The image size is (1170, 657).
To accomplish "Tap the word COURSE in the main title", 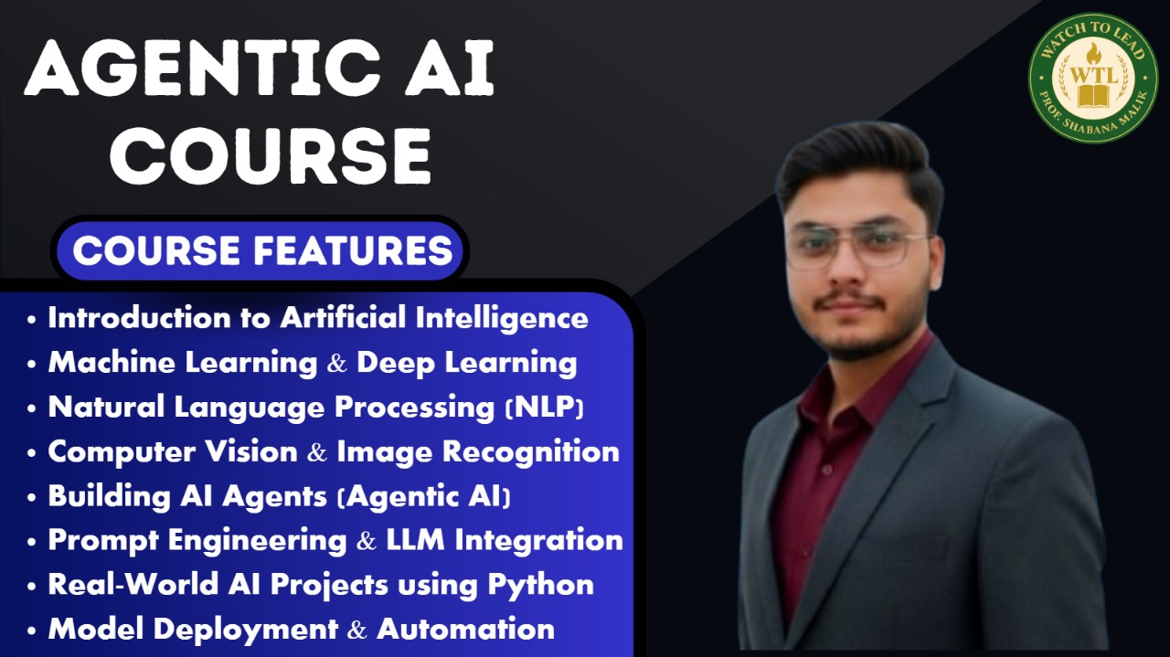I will click(271, 154).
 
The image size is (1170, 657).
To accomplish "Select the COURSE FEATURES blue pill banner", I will click(262, 249).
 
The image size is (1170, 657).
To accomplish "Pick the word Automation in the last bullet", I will click(465, 629).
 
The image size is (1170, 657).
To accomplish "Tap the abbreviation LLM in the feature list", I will click(416, 540).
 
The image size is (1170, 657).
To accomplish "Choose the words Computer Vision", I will click(173, 451).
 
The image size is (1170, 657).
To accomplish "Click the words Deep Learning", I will click(466, 363).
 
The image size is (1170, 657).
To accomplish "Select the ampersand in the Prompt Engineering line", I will click(367, 541).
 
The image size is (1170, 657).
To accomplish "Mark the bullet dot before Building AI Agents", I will click(33, 498).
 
